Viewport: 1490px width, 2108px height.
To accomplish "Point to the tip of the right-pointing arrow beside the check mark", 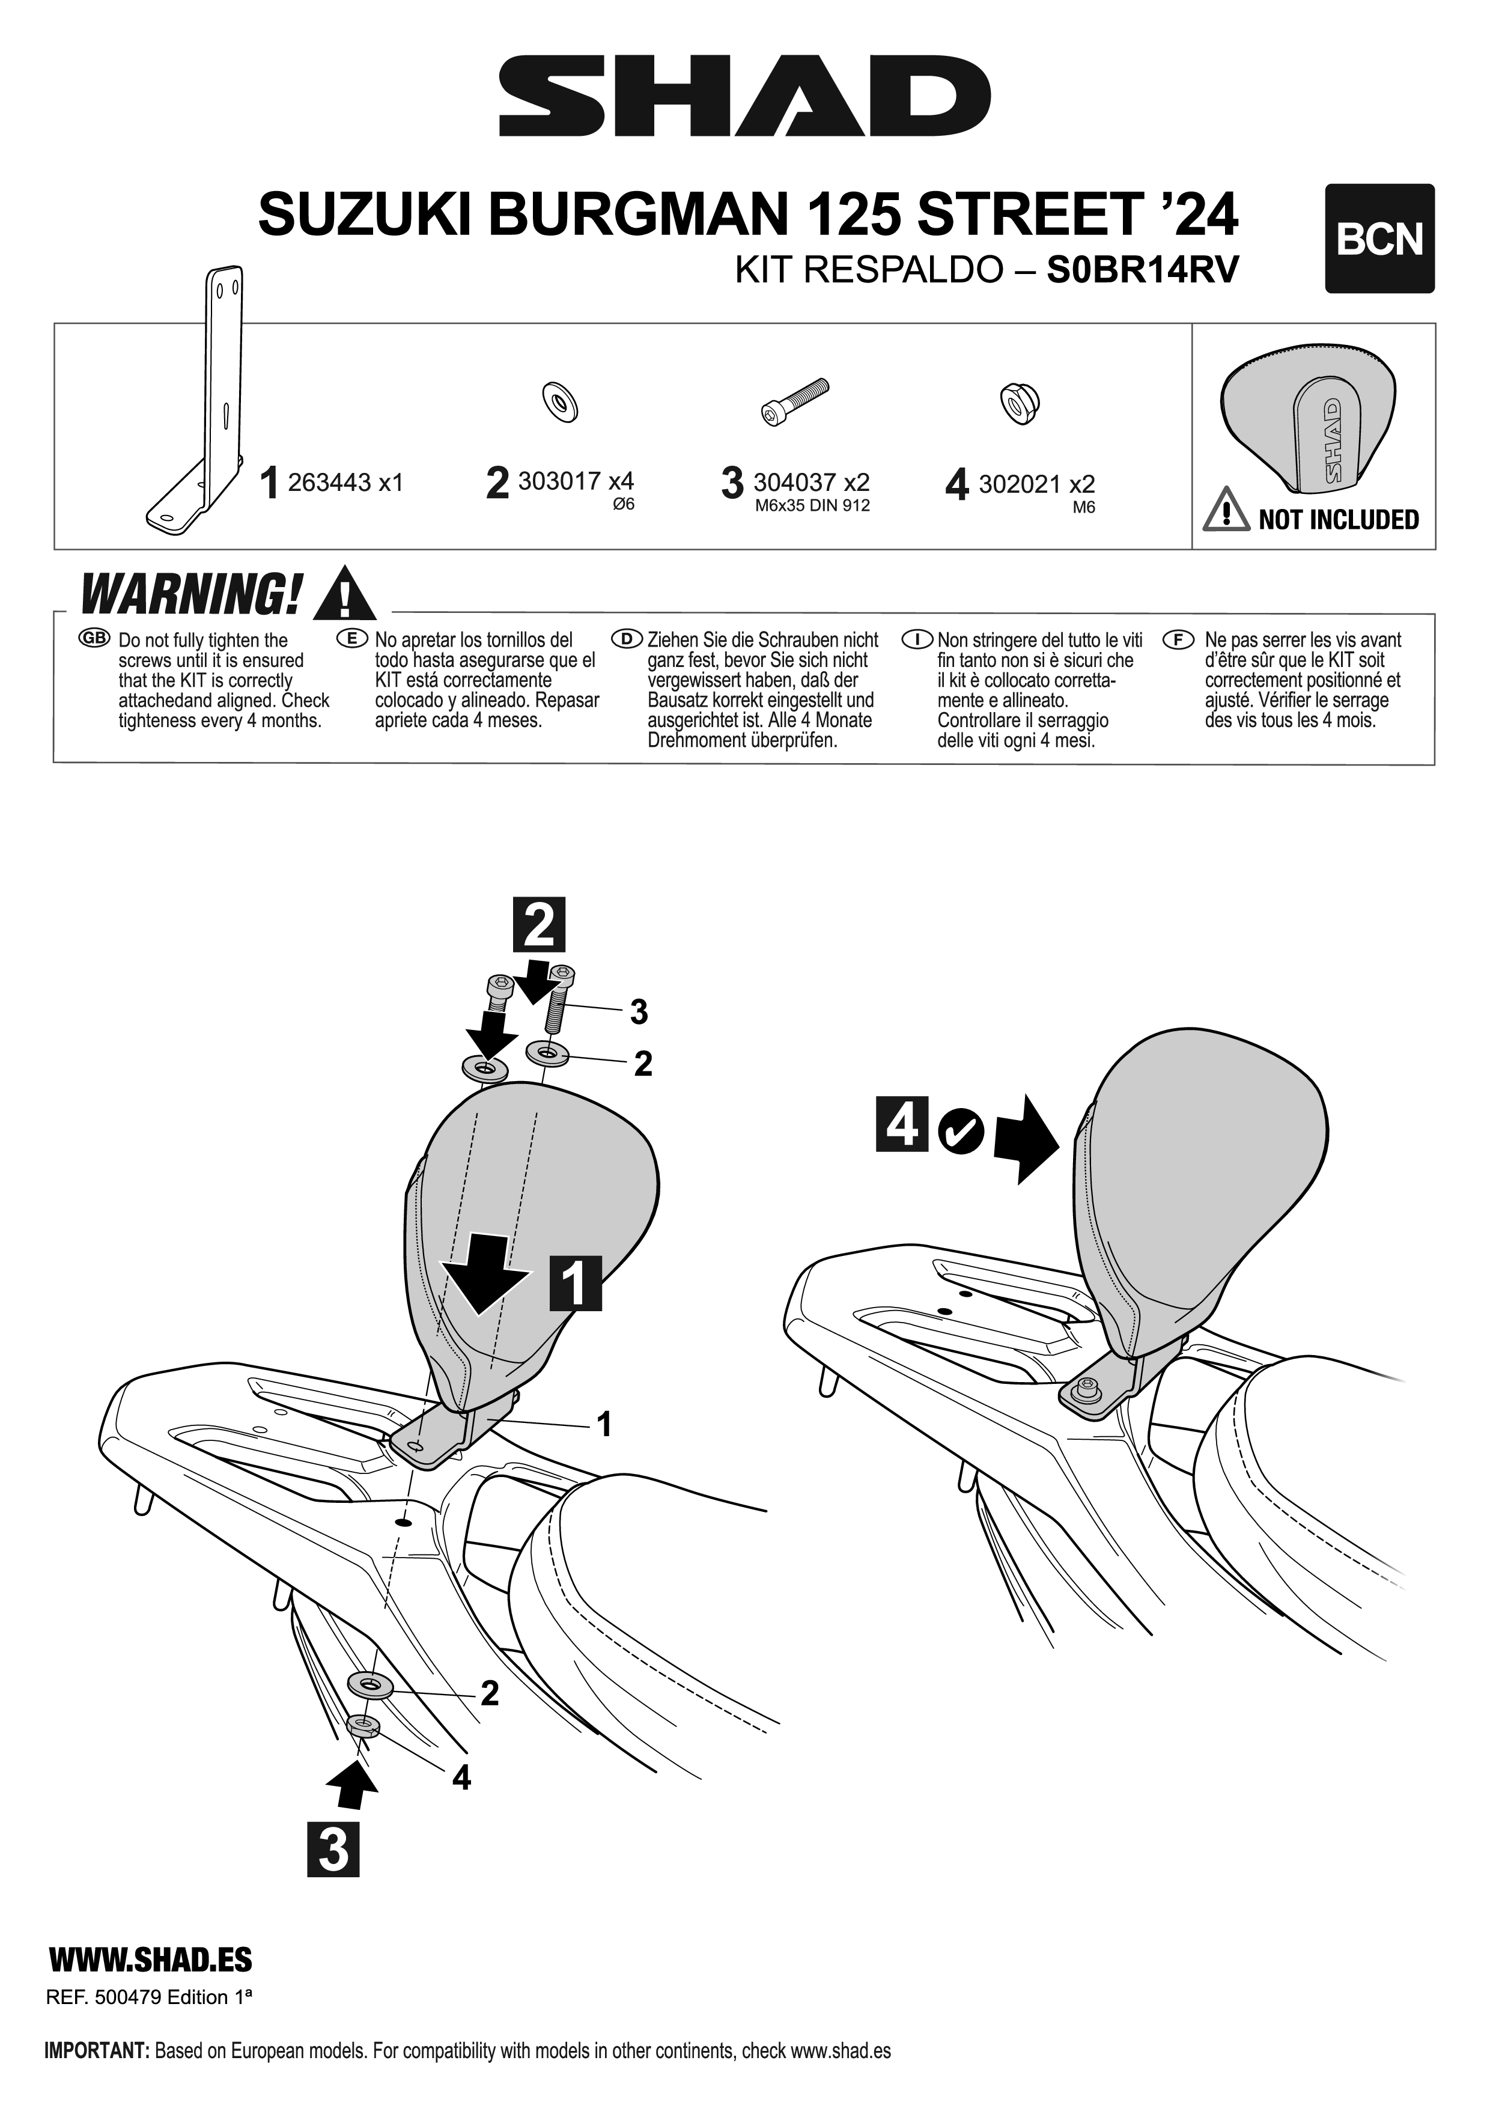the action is (1060, 1141).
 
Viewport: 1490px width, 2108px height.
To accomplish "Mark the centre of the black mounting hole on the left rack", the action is (401, 1522).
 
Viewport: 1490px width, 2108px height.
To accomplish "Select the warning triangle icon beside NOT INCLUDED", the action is (1226, 511).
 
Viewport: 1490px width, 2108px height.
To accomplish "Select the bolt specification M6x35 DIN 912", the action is (812, 506).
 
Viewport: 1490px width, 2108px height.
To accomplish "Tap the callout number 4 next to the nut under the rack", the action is (462, 1778).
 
